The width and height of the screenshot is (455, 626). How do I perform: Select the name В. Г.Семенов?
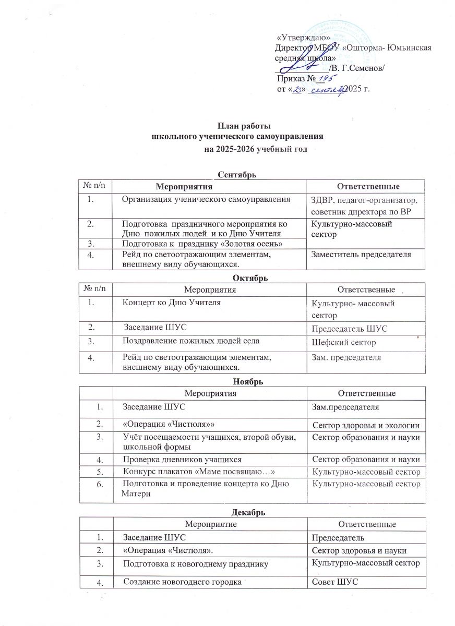(x=357, y=68)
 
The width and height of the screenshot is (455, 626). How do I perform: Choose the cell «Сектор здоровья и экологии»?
(x=365, y=427)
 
